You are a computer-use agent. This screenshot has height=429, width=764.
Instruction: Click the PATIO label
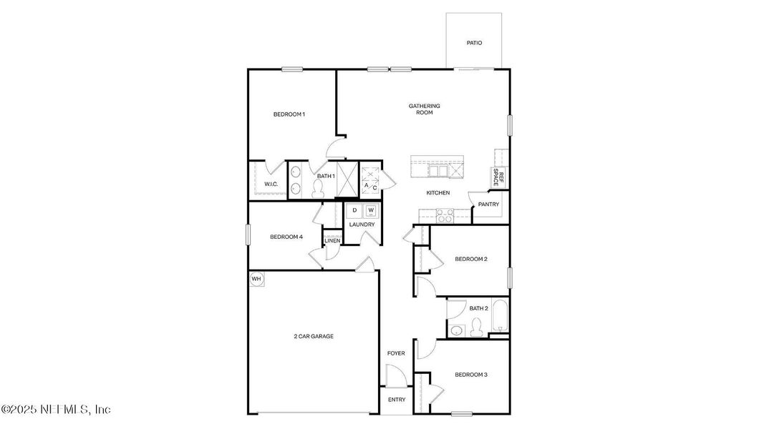(474, 43)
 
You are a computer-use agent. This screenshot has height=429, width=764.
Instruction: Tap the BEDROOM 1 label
(289, 114)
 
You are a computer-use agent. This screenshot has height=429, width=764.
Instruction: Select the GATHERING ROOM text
(425, 109)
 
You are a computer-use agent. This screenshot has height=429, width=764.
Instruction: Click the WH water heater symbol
(256, 279)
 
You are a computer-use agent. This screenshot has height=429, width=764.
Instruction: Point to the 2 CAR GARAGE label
(313, 336)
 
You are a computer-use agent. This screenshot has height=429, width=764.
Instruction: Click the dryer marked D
(354, 210)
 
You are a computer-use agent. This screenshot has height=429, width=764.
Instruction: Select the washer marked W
(371, 210)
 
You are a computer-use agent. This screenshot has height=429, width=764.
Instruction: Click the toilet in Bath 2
(475, 329)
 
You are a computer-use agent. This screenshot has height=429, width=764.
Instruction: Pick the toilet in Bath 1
(320, 188)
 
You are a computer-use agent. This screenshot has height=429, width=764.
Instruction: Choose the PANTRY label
(488, 204)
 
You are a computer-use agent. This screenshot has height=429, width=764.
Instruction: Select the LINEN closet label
(332, 240)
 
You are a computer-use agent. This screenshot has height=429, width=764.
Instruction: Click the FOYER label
(396, 353)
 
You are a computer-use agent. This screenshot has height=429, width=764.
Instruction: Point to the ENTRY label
(396, 400)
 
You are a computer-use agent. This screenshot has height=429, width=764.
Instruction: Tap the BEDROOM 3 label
(471, 375)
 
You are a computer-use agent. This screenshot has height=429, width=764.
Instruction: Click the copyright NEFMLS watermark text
(56, 410)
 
